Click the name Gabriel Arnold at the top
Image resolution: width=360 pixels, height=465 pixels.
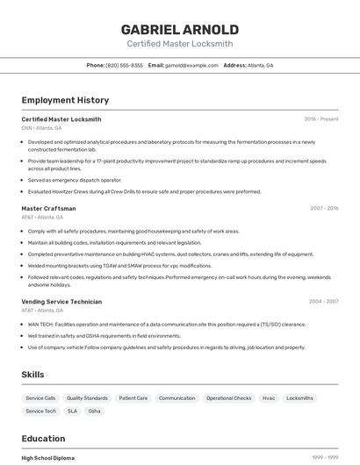click(x=180, y=29)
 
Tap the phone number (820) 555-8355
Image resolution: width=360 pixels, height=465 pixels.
click(x=125, y=65)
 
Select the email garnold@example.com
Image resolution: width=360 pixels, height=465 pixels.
click(x=191, y=65)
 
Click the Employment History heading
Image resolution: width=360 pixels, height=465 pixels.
click(x=65, y=100)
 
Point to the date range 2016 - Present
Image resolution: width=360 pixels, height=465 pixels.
click(x=321, y=119)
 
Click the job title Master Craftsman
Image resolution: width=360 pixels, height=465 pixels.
click(x=48, y=209)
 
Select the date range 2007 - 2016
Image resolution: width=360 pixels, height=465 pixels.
click(x=324, y=209)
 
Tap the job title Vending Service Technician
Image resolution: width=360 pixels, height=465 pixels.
click(x=61, y=302)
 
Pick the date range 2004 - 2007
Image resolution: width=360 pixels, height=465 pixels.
click(x=324, y=302)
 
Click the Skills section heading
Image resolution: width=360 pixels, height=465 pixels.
click(x=33, y=375)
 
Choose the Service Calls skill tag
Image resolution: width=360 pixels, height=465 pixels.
click(x=40, y=398)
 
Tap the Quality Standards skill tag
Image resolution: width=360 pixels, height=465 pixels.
click(x=87, y=398)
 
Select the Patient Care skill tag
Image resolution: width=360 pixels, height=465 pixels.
click(x=133, y=398)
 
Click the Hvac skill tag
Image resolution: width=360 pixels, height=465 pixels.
click(x=269, y=398)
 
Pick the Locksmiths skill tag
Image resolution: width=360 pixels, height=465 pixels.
click(x=299, y=398)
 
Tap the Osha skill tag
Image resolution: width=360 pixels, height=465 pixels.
click(x=94, y=411)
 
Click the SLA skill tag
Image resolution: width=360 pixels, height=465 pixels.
click(x=72, y=411)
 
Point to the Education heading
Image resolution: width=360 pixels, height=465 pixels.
click(x=43, y=439)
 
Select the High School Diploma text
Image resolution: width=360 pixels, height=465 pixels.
click(x=48, y=458)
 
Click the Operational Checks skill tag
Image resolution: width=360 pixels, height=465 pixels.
click(x=229, y=398)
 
